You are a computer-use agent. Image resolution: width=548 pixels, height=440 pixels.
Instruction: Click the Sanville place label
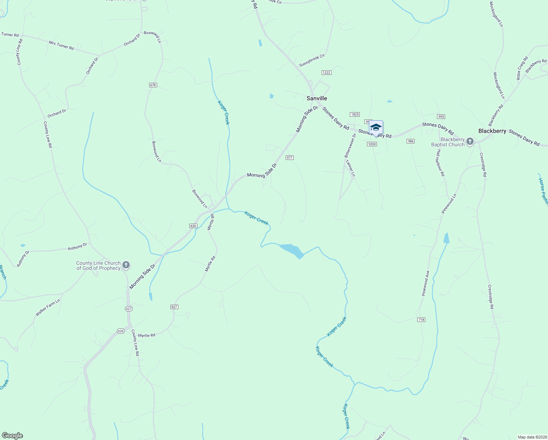tap(316, 98)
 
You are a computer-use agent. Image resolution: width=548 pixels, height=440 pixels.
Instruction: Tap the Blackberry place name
tap(492, 131)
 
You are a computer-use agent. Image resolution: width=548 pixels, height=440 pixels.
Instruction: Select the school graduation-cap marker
tap(376, 128)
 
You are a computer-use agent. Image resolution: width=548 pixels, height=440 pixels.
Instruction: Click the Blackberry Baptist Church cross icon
tap(470, 142)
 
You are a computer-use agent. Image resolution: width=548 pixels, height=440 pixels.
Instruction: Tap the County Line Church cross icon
tap(126, 265)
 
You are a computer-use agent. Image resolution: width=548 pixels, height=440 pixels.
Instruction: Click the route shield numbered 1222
tap(326, 73)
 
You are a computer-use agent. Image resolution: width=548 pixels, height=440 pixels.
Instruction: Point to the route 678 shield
tap(153, 85)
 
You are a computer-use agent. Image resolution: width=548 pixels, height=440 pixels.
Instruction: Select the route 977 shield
tap(290, 158)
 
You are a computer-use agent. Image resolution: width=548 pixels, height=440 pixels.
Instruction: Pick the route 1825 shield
tap(354, 114)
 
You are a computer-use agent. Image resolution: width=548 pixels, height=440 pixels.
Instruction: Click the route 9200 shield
tap(372, 144)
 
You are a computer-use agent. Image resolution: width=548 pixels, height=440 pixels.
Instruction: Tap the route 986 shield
tap(411, 141)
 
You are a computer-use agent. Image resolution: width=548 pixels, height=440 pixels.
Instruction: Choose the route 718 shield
tap(421, 320)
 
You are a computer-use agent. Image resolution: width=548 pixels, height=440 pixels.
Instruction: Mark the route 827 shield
tap(174, 307)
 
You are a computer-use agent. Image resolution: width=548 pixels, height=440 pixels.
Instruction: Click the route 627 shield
tap(129, 309)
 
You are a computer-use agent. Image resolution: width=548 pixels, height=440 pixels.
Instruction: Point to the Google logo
tap(12, 436)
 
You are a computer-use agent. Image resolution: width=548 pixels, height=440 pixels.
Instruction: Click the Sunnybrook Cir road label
tap(312, 60)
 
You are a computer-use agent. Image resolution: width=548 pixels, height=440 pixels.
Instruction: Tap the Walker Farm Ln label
tap(48, 308)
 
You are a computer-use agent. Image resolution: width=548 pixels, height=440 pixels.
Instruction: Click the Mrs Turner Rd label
tap(61, 45)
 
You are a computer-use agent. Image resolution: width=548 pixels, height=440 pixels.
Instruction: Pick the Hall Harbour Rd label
tap(440, 165)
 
